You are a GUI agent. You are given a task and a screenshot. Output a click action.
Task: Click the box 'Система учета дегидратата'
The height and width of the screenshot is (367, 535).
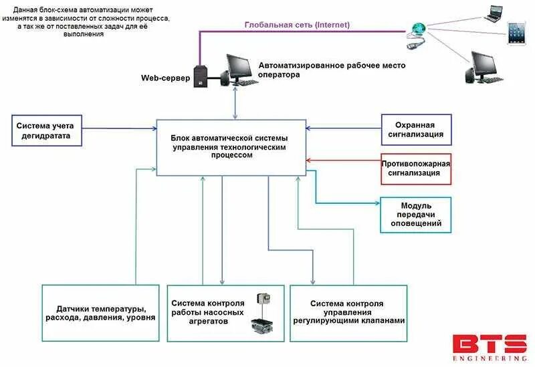pyautogui.click(x=48, y=130)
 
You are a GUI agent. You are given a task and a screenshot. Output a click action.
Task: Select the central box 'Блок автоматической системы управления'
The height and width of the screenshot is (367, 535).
pyautogui.click(x=231, y=148)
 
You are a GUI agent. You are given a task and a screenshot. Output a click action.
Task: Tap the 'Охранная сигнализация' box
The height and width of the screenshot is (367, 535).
pyautogui.click(x=416, y=130)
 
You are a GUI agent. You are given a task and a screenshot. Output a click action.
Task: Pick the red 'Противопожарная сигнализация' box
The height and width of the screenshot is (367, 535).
pyautogui.click(x=415, y=168)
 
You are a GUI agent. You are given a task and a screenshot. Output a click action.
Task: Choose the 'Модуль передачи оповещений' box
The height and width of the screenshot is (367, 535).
pyautogui.click(x=415, y=215)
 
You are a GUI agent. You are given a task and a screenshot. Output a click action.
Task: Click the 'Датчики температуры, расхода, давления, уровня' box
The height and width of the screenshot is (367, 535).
pyautogui.click(x=101, y=314)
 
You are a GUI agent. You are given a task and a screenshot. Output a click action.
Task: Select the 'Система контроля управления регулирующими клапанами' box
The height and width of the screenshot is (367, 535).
pyautogui.click(x=348, y=314)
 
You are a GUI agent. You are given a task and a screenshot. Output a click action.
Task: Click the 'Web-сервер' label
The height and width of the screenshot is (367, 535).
pyautogui.click(x=165, y=78)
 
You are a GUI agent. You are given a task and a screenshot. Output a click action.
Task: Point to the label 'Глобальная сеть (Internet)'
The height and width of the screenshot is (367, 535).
pyautogui.click(x=297, y=25)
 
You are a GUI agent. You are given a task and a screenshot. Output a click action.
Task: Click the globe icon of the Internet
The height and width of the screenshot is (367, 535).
pyautogui.click(x=419, y=29)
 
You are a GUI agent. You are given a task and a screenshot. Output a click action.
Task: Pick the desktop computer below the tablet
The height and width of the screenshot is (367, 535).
pyautogui.click(x=483, y=67)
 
